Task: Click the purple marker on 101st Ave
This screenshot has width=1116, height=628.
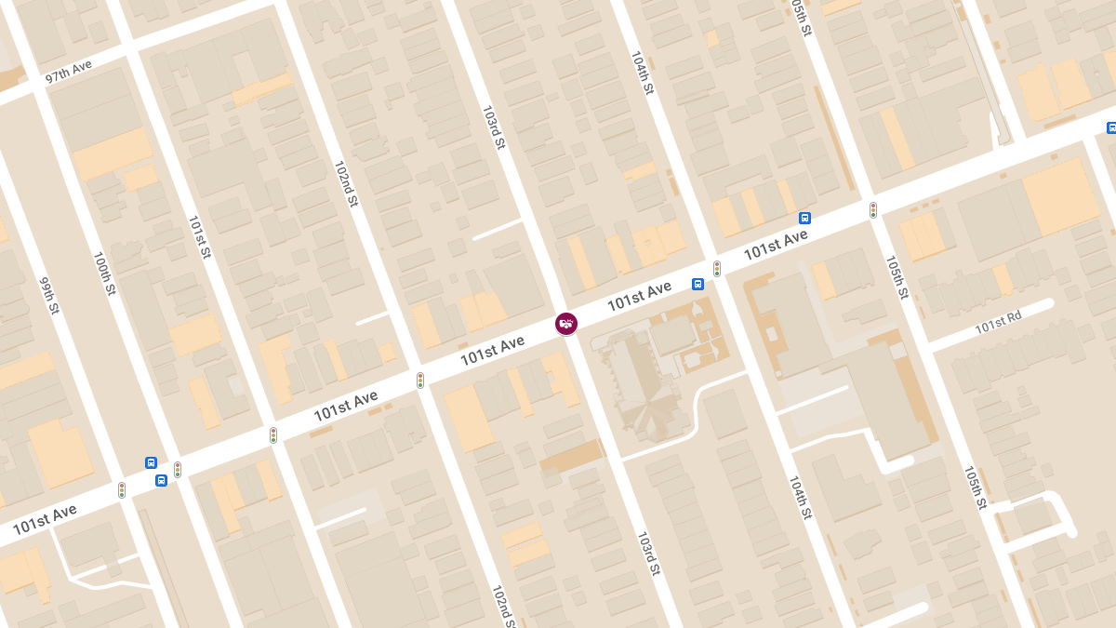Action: tap(565, 324)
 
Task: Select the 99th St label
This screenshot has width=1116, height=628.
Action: tap(49, 296)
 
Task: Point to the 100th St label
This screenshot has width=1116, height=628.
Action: tap(104, 274)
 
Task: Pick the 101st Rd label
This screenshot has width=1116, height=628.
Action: tap(998, 322)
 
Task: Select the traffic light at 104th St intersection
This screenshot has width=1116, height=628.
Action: tap(717, 269)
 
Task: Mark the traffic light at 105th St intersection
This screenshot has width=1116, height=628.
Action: tap(872, 210)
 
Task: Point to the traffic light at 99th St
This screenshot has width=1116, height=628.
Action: tap(122, 489)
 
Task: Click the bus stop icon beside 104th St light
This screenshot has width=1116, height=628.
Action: tap(697, 285)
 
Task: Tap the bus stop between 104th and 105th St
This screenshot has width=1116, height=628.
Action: tap(804, 218)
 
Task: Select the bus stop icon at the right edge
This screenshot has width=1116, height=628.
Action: tap(1110, 127)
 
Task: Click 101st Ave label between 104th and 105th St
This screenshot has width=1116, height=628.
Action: tap(775, 245)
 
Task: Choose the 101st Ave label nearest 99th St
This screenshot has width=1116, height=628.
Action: tap(45, 519)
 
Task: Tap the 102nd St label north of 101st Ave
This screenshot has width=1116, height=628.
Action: tap(346, 184)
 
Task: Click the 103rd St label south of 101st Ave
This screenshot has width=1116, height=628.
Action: tap(648, 553)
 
